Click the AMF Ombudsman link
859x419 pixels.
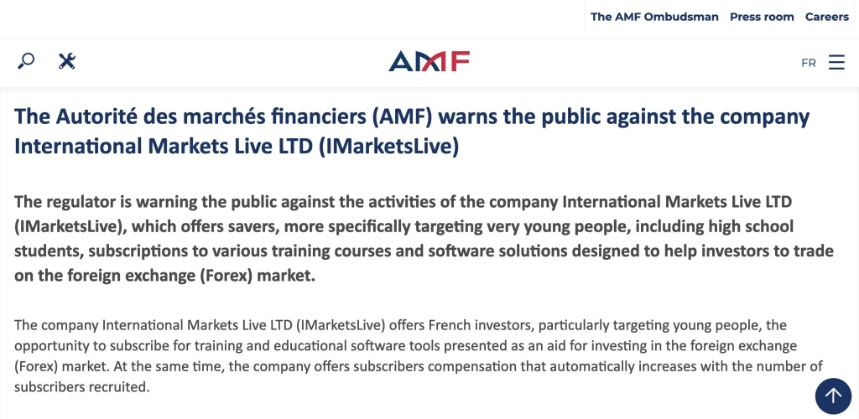[x=654, y=17]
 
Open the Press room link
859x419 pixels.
[x=762, y=17]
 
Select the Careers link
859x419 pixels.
[x=826, y=17]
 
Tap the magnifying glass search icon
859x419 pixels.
[x=26, y=60]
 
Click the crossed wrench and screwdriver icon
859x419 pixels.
[x=67, y=60]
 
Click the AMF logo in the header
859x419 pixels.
[x=429, y=61]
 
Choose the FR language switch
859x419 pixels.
[x=808, y=63]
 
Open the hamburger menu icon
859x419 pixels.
[x=836, y=62]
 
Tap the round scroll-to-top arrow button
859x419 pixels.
[x=833, y=396]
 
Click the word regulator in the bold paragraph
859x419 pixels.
[x=80, y=202]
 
